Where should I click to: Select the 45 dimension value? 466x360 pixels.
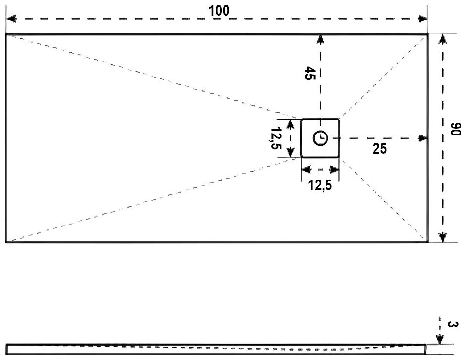coord(310,74)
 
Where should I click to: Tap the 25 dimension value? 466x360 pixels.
coord(380,149)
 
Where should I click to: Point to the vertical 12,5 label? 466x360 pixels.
coord(276,139)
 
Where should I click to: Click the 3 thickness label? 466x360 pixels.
coord(451,325)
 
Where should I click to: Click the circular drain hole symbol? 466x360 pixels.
coord(320,138)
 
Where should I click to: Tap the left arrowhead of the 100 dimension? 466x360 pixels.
coord(10,19)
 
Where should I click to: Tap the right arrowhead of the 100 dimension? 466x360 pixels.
coord(423,19)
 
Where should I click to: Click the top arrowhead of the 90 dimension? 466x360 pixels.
coord(443,39)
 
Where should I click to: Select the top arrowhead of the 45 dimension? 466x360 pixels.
coord(320,39)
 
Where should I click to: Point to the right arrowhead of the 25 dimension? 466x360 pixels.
coord(423,138)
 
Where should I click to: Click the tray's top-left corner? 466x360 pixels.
coord(6,34)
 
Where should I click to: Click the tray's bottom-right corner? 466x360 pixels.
coord(427,242)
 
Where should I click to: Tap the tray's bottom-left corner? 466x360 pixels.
coord(6,242)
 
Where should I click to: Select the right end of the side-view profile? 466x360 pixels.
coord(425,349)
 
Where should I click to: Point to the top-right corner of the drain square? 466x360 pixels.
coord(339,119)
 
